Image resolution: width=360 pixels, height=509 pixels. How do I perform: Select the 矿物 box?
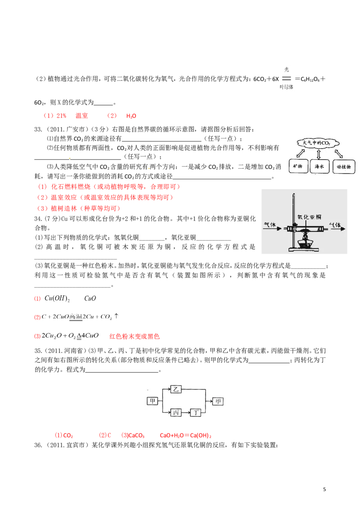click(x=297, y=167)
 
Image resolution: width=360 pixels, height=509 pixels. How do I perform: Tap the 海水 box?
click(x=319, y=167)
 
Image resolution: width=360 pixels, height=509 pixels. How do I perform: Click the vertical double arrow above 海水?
click(x=319, y=154)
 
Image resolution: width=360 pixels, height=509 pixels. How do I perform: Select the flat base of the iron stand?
click(x=301, y=249)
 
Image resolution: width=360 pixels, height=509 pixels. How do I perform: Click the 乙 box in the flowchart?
click(x=176, y=389)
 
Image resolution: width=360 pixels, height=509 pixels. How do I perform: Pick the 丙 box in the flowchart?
click(x=176, y=412)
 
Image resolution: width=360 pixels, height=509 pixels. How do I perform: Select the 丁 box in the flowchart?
click(x=196, y=412)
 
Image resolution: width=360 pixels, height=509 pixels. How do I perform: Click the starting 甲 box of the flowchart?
click(x=153, y=401)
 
